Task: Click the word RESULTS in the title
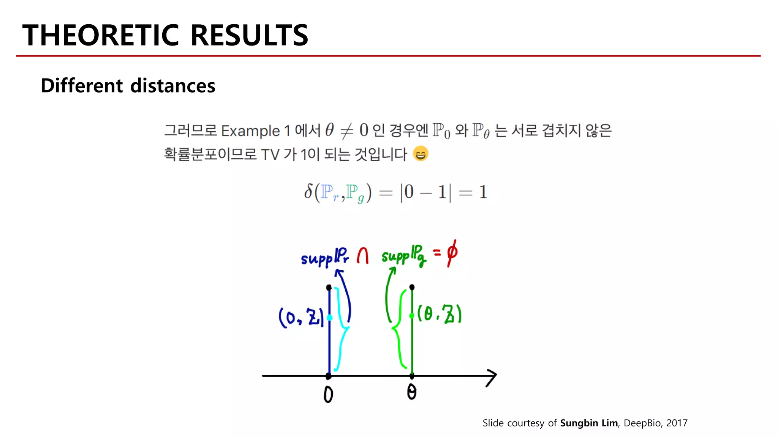(249, 35)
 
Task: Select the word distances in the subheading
(173, 86)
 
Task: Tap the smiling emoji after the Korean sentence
(421, 154)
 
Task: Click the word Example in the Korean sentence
(250, 131)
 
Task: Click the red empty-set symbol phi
(452, 253)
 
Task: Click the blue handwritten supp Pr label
(325, 257)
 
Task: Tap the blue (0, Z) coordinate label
(300, 317)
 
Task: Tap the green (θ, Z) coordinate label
(440, 314)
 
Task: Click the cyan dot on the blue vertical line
(329, 318)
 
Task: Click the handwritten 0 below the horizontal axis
(328, 395)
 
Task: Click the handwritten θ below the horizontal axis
(412, 392)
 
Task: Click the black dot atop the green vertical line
(412, 287)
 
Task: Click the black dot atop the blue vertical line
(329, 288)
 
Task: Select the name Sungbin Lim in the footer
(589, 423)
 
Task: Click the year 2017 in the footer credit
(677, 423)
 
